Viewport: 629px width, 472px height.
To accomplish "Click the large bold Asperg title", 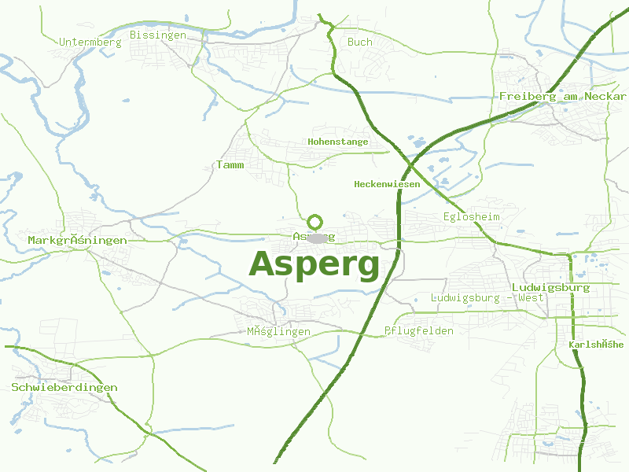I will (x=314, y=264).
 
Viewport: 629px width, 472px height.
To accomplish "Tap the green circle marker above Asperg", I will (x=315, y=222).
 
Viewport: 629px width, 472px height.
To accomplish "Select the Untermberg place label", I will (x=90, y=42).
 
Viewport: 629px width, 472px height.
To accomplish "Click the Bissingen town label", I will (x=158, y=35).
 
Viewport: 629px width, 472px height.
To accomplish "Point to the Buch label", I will (x=360, y=42).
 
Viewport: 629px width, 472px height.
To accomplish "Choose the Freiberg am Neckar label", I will (x=562, y=96).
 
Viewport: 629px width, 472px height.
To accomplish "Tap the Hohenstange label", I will (x=338, y=142).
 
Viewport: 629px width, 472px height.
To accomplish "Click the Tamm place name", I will (x=230, y=165).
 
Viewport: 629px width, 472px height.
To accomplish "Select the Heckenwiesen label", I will (x=387, y=184).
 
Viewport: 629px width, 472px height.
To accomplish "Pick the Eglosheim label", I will (x=472, y=216).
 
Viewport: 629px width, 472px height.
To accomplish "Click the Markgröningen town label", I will (x=77, y=240).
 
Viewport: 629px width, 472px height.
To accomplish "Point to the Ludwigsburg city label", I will (x=550, y=287).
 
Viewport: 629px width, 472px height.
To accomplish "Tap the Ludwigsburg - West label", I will (x=487, y=298).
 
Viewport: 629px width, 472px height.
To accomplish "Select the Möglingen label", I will (x=279, y=332).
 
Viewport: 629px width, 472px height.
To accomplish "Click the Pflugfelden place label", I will (x=419, y=331).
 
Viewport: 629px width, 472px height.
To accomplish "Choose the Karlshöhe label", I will (x=596, y=345).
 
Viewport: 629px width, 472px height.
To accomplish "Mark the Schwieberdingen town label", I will (x=64, y=387).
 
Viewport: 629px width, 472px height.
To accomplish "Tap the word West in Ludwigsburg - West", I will (x=530, y=298).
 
